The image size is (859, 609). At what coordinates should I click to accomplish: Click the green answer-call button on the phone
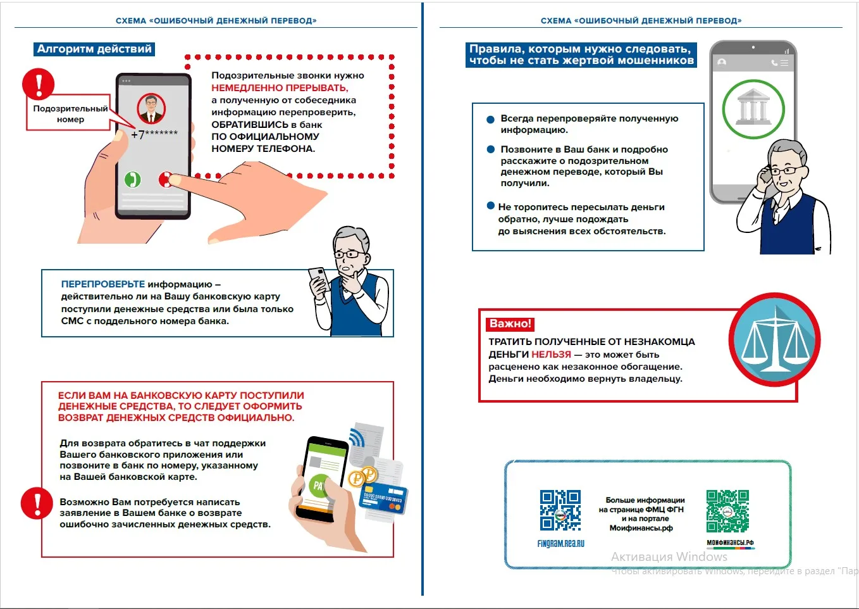[133, 179]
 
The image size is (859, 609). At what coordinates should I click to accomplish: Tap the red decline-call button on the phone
[166, 180]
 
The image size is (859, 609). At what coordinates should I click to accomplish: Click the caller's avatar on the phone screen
[151, 108]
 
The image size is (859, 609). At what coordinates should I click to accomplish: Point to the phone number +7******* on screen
[154, 134]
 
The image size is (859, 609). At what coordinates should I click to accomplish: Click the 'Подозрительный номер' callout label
[70, 113]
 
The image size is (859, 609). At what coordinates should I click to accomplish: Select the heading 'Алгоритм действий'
[94, 49]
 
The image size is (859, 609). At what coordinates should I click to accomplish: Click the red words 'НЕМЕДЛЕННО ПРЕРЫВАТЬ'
[280, 88]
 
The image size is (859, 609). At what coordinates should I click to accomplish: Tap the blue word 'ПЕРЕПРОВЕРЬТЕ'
[102, 284]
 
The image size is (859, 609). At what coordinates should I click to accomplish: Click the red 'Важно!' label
[510, 323]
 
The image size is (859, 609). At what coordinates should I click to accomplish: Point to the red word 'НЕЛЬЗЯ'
[551, 354]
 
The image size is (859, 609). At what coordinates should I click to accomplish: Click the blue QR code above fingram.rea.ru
[560, 510]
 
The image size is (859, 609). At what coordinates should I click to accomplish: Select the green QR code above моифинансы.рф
[727, 511]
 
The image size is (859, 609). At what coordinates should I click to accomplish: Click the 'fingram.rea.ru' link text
[560, 543]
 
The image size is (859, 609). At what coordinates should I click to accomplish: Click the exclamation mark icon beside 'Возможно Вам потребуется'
[37, 503]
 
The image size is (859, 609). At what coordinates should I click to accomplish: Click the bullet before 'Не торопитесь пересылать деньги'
[490, 206]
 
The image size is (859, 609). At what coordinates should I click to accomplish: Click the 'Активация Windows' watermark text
[669, 556]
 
